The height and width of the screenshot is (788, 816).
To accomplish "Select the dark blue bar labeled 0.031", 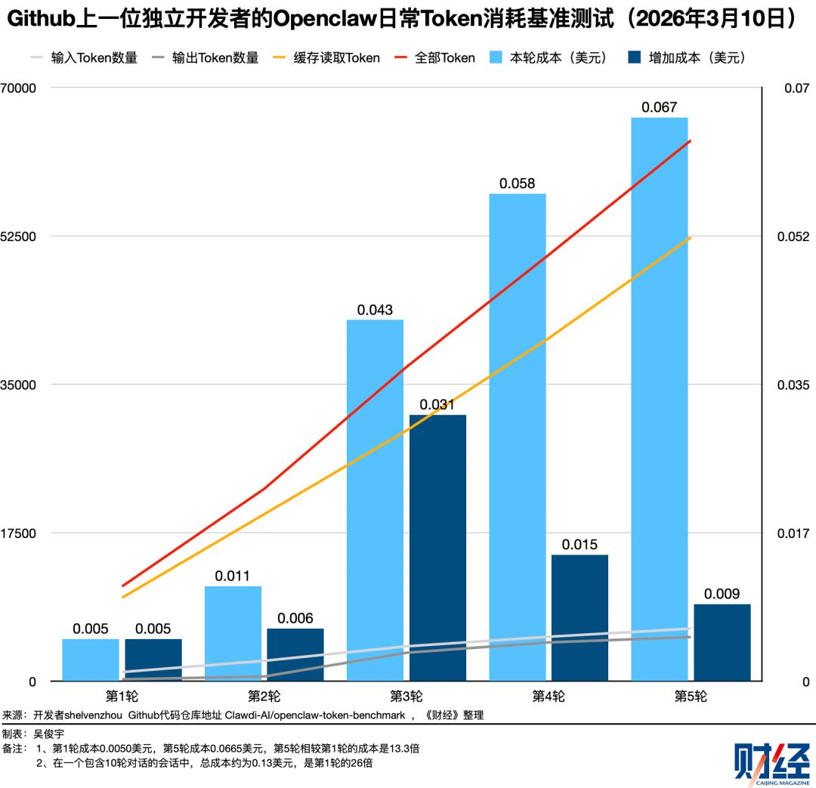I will tap(437, 548).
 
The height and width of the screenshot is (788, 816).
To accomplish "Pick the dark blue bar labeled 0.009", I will tap(722, 642).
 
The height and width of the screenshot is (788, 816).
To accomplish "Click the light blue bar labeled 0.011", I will tap(233, 633).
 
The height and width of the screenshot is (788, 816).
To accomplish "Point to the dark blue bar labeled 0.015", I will tap(580, 617).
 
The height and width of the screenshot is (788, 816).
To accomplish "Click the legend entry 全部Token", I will tap(444, 57).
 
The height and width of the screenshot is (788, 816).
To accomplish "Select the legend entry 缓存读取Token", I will tap(338, 57).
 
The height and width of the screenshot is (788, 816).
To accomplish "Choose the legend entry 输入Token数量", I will tap(94, 57).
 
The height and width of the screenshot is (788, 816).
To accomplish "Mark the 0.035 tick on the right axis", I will tap(793, 385).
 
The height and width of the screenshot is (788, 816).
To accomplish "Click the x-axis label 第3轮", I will tap(406, 696).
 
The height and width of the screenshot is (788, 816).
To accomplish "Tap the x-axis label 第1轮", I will tap(122, 696).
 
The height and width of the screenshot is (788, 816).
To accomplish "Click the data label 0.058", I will tap(517, 184).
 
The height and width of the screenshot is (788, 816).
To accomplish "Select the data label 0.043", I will tap(375, 310).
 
